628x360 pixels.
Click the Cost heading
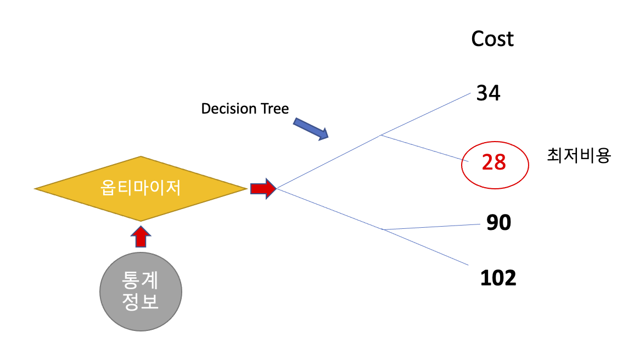pyautogui.click(x=492, y=39)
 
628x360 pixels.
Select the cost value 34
pyautogui.click(x=488, y=93)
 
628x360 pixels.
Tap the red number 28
pyautogui.click(x=494, y=162)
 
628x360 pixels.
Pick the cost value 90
pyautogui.click(x=498, y=222)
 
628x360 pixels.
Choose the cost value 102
pyautogui.click(x=498, y=278)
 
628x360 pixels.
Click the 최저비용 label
pyautogui.click(x=579, y=156)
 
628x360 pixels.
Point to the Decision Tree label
pyautogui.click(x=245, y=109)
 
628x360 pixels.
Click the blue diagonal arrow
pyautogui.click(x=311, y=128)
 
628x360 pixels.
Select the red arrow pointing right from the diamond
pyautogui.click(x=262, y=188)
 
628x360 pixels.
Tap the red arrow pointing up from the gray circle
pyautogui.click(x=141, y=237)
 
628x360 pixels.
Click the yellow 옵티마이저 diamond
pyautogui.click(x=141, y=189)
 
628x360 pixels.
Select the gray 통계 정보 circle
pyautogui.click(x=141, y=291)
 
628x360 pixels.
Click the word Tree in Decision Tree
pyautogui.click(x=275, y=109)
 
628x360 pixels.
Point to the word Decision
pyautogui.click(x=229, y=109)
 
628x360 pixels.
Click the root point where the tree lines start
pyautogui.click(x=277, y=189)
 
